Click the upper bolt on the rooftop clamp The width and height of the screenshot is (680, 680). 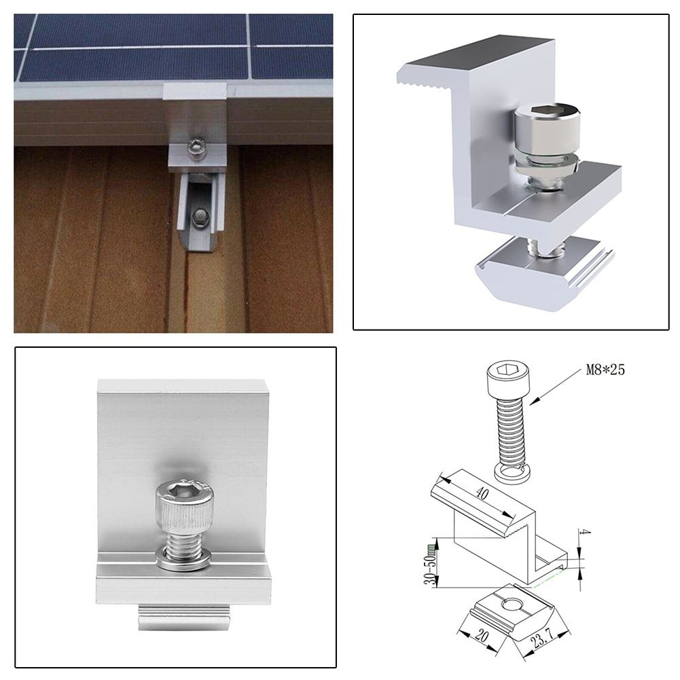[x=196, y=146]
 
